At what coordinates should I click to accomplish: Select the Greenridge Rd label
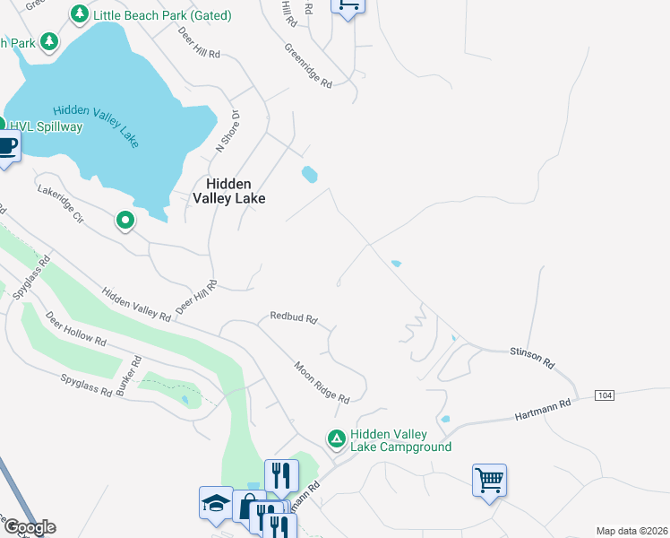[x=309, y=65]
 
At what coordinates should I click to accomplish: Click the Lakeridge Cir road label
[x=60, y=204]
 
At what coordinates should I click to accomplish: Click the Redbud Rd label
[x=295, y=318]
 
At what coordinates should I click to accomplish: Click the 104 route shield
[x=604, y=395]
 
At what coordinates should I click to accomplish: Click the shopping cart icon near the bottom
[x=490, y=480]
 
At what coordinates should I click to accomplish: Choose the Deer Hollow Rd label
[x=76, y=330]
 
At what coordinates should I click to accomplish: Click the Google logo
[x=30, y=527]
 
